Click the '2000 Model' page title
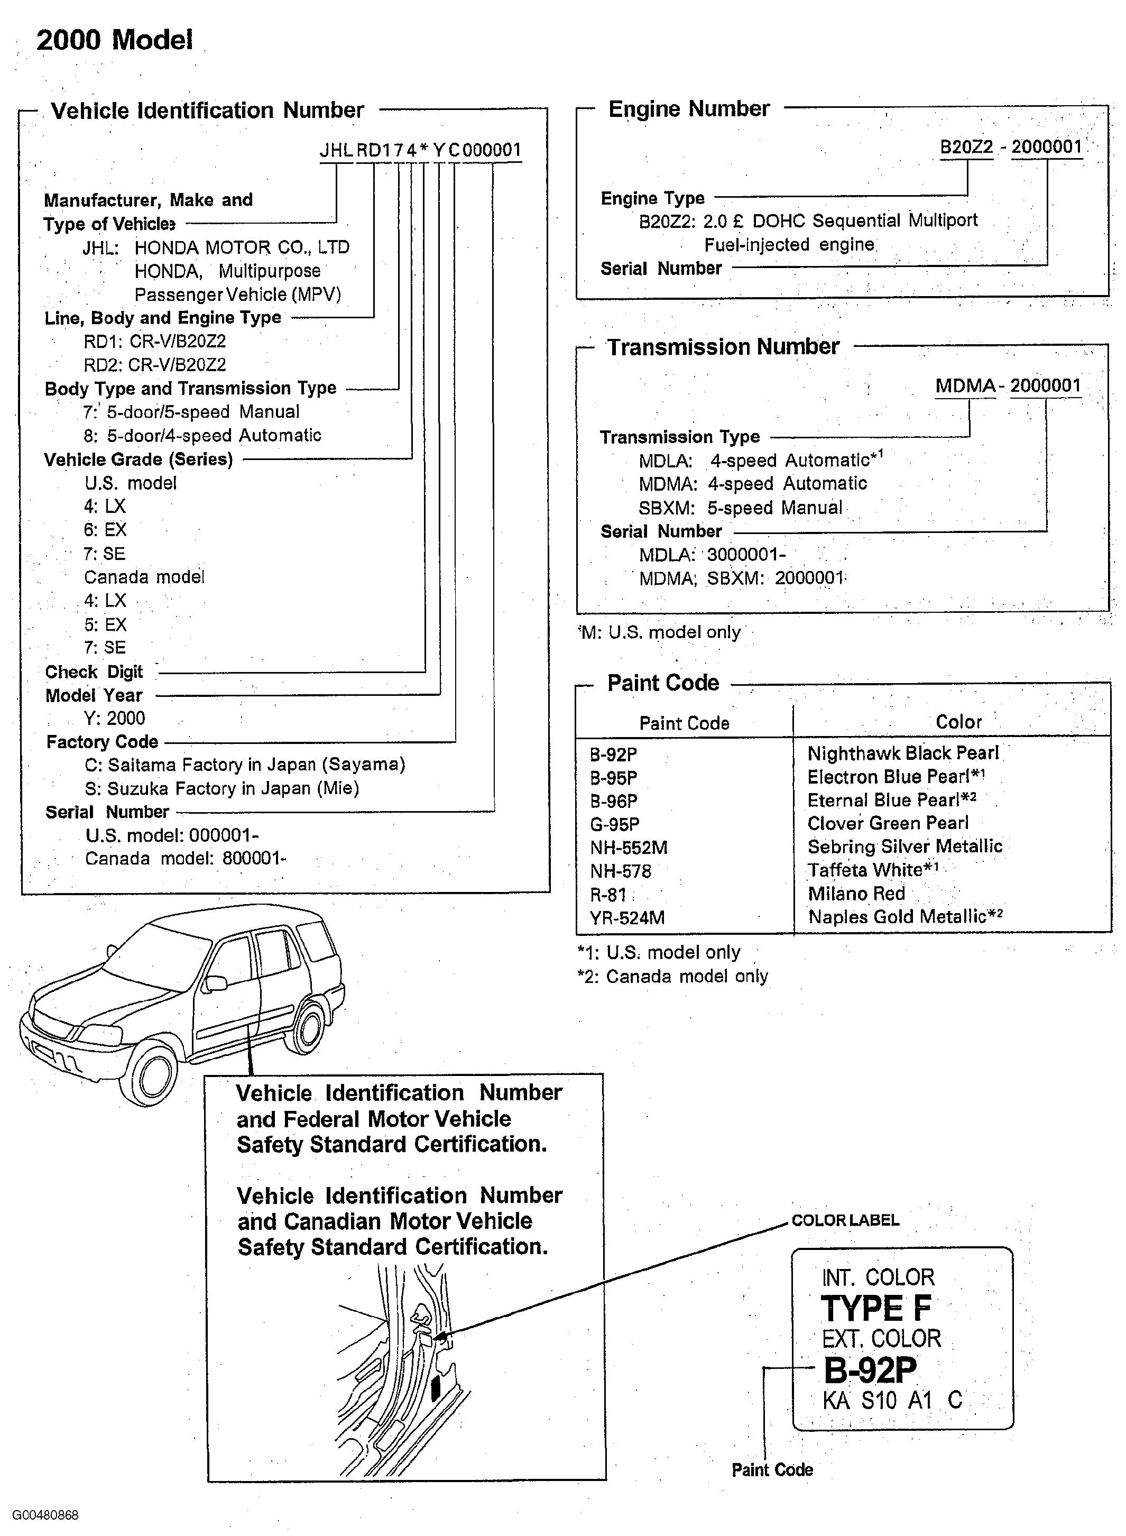(115, 40)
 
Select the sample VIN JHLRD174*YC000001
(421, 150)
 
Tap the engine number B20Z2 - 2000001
(1011, 148)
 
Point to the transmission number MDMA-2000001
(1008, 386)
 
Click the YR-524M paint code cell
(627, 918)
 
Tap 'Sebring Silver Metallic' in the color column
(905, 847)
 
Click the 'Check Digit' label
(94, 672)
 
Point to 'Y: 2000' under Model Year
(115, 719)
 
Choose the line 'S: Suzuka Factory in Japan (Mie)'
(222, 789)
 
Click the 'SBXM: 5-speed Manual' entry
(740, 508)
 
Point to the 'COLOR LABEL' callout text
(845, 1220)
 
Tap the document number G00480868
(45, 1515)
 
